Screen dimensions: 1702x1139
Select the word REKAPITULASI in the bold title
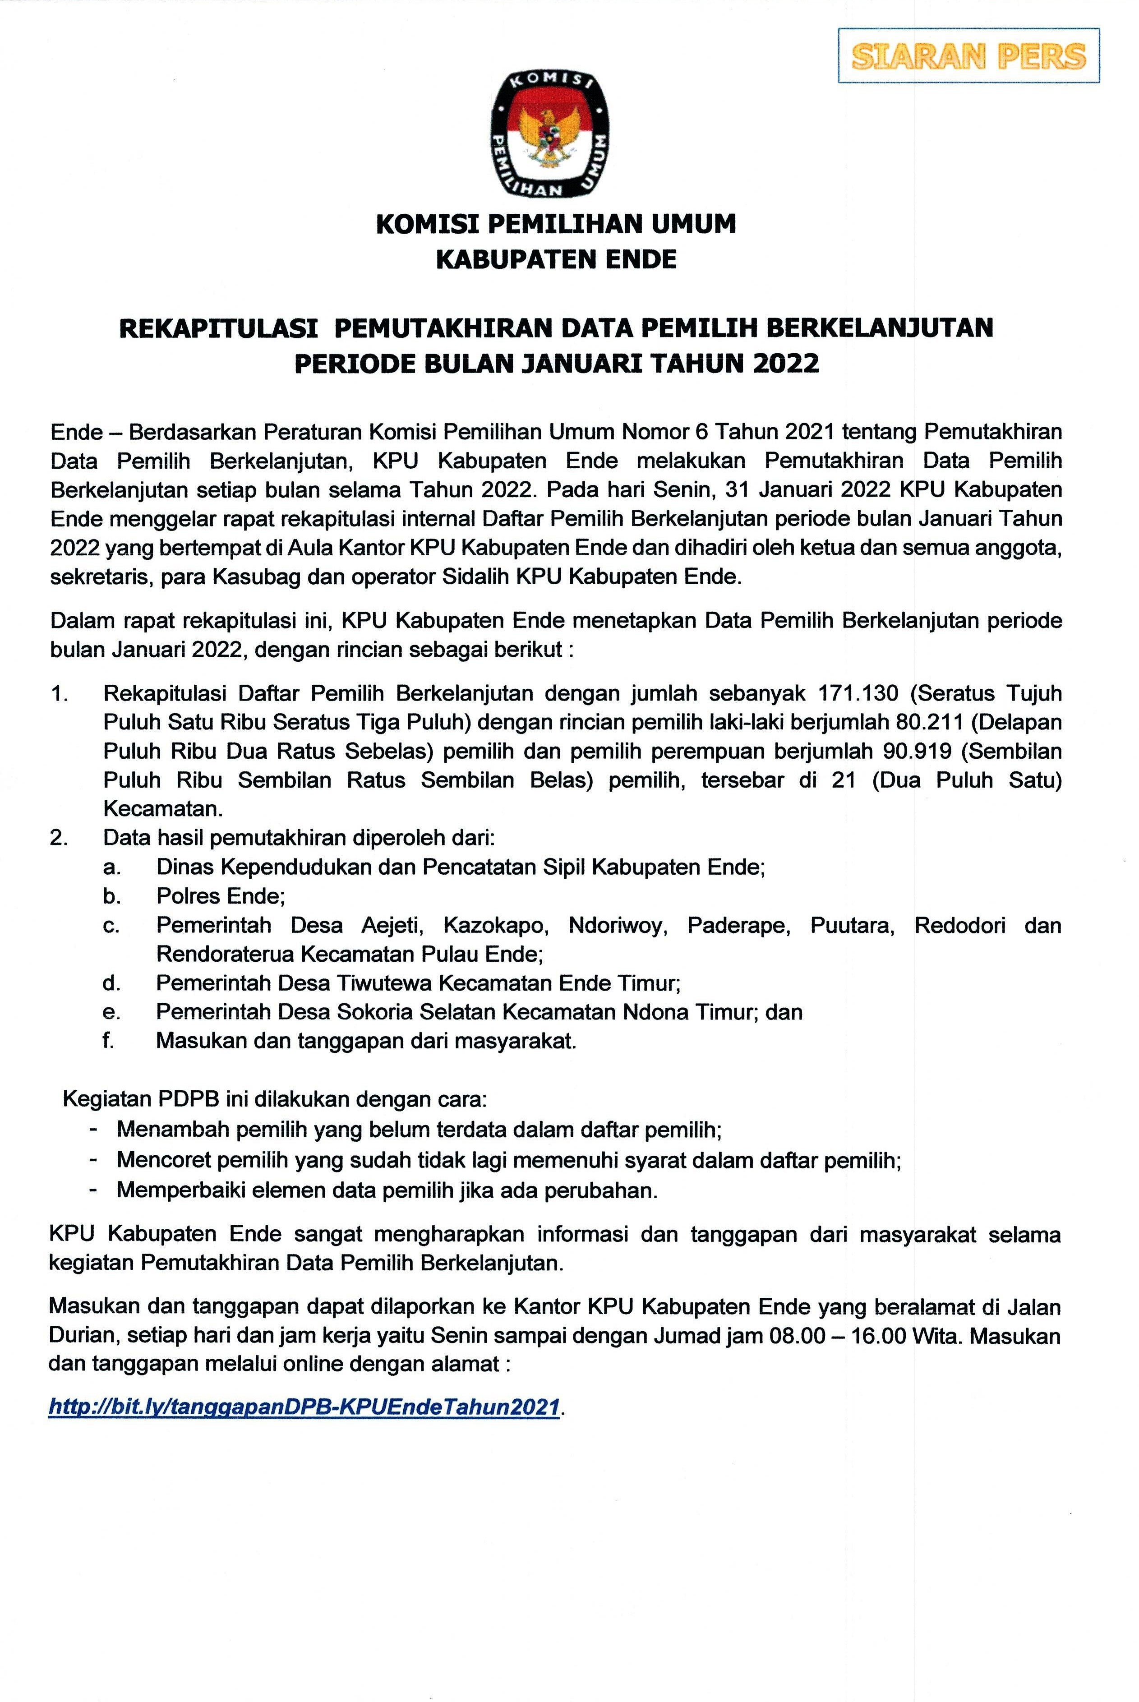218,328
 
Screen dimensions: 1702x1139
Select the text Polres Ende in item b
219,896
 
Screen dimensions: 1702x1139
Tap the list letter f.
109,1041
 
